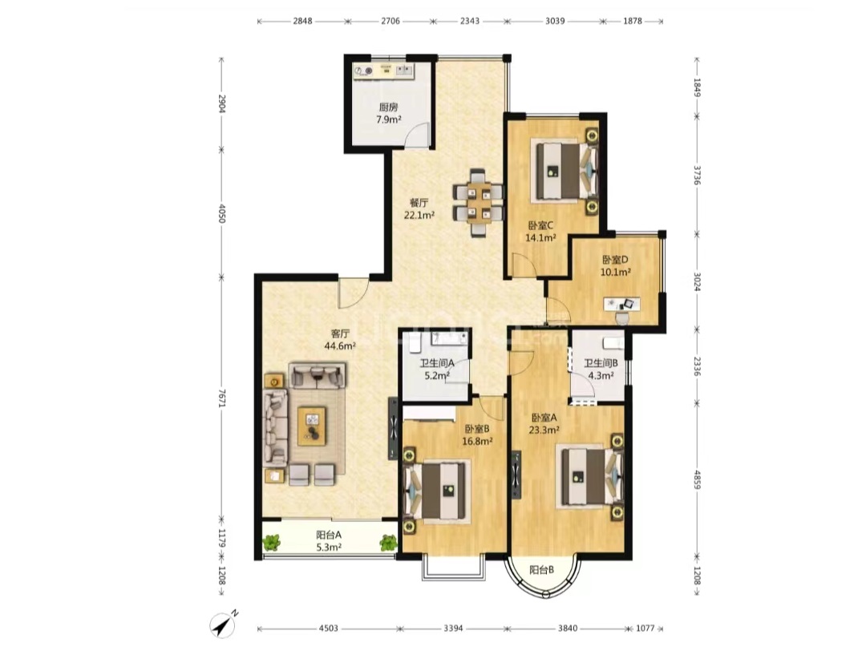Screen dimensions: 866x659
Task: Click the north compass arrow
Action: (224, 625)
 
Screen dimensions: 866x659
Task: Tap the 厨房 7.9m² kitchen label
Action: (388, 113)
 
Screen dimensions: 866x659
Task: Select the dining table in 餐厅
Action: (478, 203)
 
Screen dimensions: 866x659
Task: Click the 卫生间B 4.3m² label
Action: (601, 370)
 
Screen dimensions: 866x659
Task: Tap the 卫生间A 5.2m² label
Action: (436, 370)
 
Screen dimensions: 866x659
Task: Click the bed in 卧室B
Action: (437, 491)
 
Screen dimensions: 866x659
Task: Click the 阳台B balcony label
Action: (542, 570)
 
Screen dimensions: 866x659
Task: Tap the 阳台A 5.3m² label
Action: (329, 541)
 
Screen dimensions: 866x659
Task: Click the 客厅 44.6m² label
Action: (340, 340)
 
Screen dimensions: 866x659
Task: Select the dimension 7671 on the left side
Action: (221, 398)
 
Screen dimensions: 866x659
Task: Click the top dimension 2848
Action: (302, 21)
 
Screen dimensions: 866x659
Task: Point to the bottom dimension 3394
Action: (453, 628)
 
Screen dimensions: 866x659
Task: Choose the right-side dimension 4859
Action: (697, 479)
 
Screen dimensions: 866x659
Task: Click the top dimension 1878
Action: (633, 21)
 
